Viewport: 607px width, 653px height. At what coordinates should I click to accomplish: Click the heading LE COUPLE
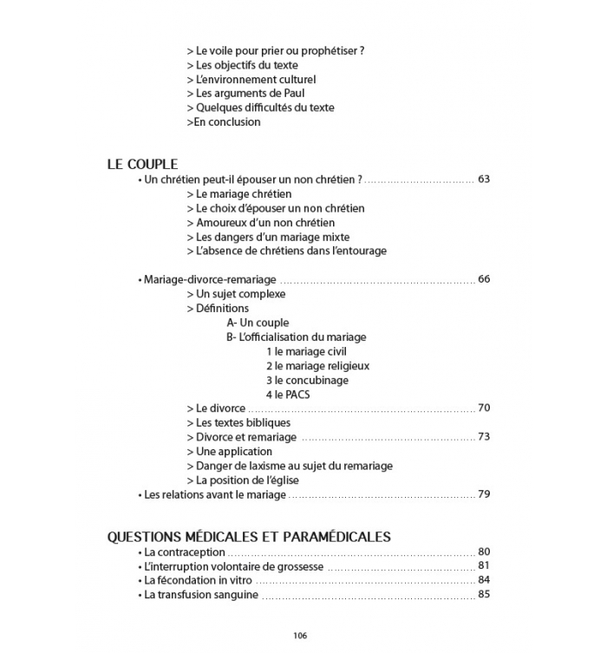142,163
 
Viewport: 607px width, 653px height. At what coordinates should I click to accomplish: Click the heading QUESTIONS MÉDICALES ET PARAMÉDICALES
249,536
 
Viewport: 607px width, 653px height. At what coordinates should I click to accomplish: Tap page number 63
484,180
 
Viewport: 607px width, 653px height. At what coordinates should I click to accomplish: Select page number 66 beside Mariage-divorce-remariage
484,279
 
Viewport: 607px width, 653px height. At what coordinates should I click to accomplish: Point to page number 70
484,408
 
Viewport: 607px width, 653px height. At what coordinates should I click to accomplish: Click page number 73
484,437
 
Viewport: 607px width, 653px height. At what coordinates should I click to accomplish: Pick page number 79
484,494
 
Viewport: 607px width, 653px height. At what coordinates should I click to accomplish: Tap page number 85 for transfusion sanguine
484,595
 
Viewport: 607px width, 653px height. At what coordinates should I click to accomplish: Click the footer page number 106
300,635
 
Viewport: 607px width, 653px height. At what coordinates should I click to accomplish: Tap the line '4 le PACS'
288,395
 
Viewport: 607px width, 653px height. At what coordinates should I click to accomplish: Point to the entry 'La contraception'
184,552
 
